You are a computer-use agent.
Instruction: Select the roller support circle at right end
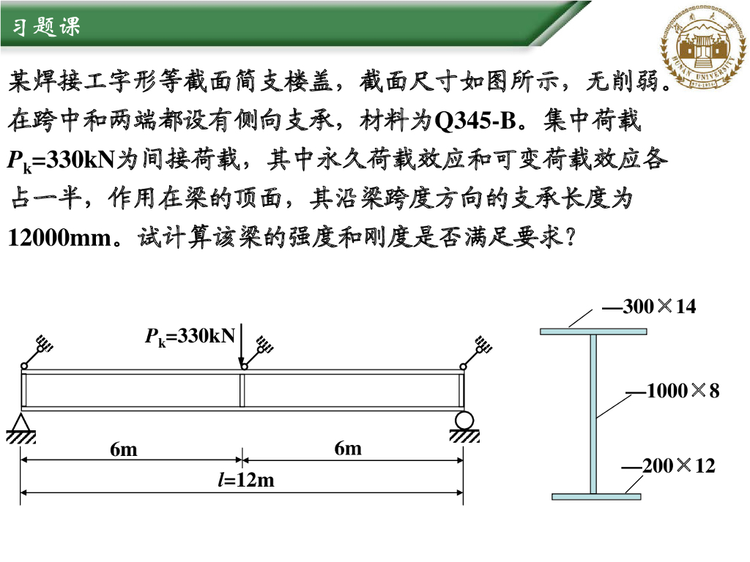464,421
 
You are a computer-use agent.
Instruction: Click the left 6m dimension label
124,449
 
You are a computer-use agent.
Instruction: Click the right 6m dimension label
348,448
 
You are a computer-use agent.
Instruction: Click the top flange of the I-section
593,331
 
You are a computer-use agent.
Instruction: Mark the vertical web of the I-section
593,413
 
